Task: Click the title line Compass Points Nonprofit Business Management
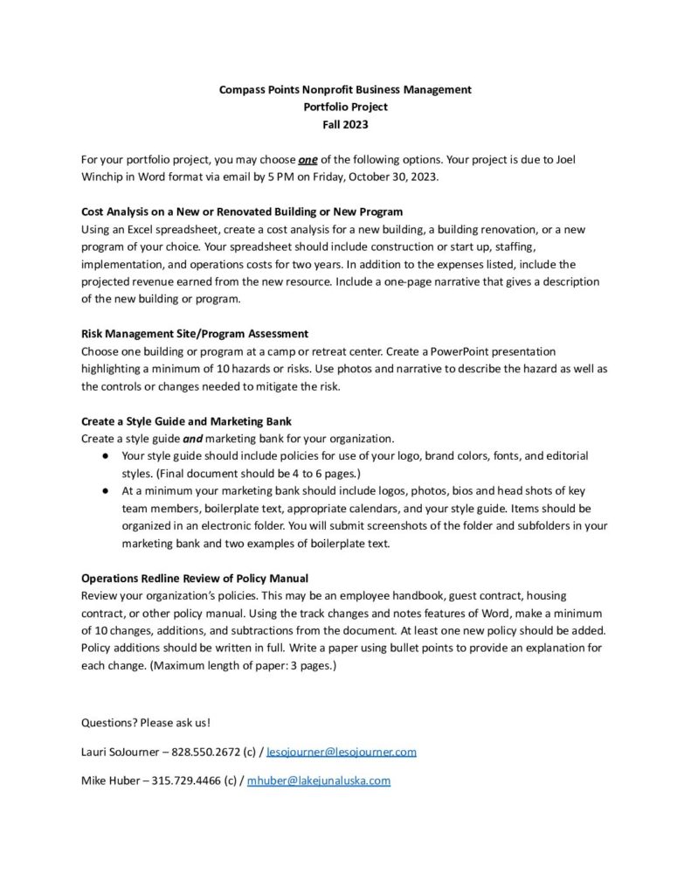pyautogui.click(x=345, y=89)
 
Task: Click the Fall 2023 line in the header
pyautogui.click(x=345, y=124)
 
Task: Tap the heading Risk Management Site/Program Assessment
pyautogui.click(x=194, y=334)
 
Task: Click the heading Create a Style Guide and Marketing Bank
pyautogui.click(x=186, y=421)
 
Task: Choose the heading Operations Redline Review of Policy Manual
pyautogui.click(x=194, y=579)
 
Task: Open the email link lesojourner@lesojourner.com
pyautogui.click(x=341, y=752)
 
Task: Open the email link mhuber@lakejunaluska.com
pyautogui.click(x=318, y=781)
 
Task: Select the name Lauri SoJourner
pyautogui.click(x=118, y=752)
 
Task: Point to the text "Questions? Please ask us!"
pyautogui.click(x=145, y=723)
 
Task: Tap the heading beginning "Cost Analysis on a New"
pyautogui.click(x=242, y=212)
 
